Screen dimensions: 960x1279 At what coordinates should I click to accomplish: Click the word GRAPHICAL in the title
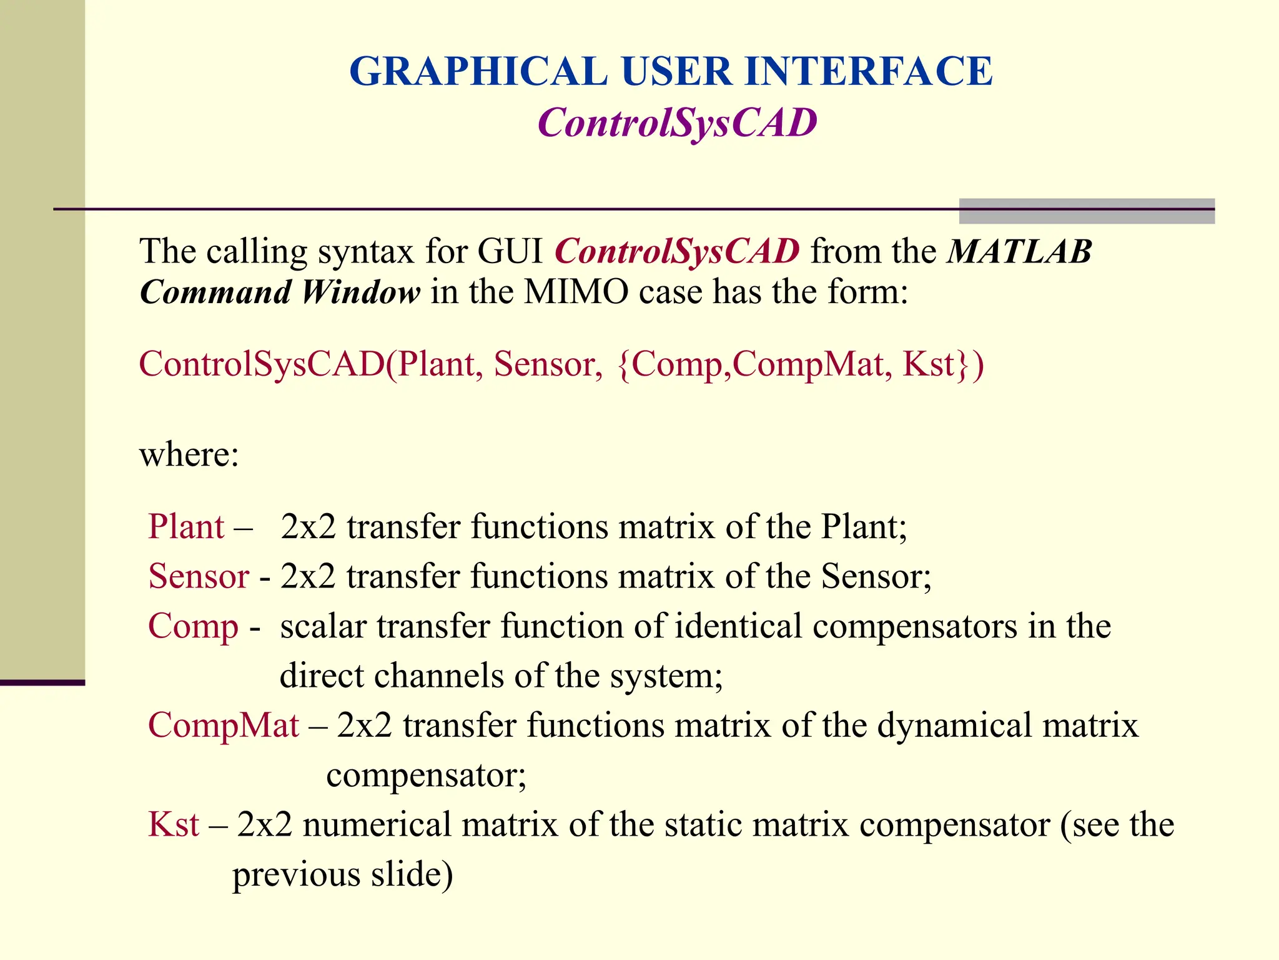[x=478, y=71]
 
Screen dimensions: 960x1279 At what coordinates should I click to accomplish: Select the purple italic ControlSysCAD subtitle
[x=677, y=122]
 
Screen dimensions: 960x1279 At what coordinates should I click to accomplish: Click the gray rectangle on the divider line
[x=1087, y=211]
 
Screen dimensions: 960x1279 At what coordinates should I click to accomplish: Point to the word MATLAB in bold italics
[x=1019, y=252]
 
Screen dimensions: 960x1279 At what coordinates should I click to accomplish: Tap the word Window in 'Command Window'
[x=360, y=292]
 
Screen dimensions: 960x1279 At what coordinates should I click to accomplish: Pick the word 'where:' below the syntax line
[x=189, y=454]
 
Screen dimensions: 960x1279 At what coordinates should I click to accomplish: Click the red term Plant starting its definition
[x=185, y=527]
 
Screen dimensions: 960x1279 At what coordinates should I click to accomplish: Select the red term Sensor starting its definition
[x=199, y=576]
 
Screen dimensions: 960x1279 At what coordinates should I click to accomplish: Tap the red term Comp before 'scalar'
[x=193, y=626]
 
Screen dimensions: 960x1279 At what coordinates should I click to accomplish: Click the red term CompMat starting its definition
[x=224, y=726]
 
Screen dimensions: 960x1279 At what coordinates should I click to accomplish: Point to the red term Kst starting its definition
[x=174, y=824]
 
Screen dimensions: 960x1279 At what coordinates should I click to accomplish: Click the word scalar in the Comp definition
[x=322, y=626]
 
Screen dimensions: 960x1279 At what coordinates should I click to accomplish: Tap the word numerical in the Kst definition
[x=377, y=824]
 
